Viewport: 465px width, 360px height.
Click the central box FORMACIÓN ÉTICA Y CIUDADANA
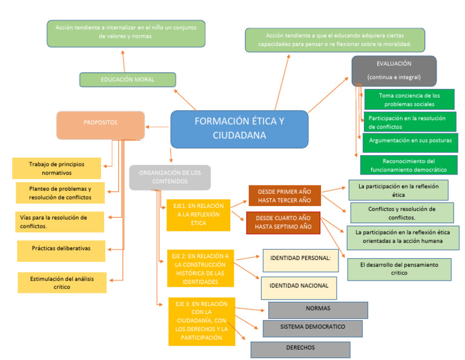pyautogui.click(x=239, y=128)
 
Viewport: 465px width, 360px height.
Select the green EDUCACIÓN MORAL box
pyautogui.click(x=127, y=79)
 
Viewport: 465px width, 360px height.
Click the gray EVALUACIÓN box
pyautogui.click(x=394, y=71)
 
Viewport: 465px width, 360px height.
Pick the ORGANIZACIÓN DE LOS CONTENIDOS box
pyautogui.click(x=170, y=177)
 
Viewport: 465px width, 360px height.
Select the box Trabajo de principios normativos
pyautogui.click(x=57, y=168)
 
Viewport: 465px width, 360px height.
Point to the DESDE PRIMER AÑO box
pyautogui.click(x=284, y=196)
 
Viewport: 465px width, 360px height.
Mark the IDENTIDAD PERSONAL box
pyautogui.click(x=300, y=260)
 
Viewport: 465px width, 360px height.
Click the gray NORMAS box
pyautogui.click(x=318, y=310)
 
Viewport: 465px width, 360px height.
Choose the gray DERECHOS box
pyautogui.click(x=300, y=350)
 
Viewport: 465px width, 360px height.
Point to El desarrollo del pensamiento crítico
pyautogui.click(x=399, y=269)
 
